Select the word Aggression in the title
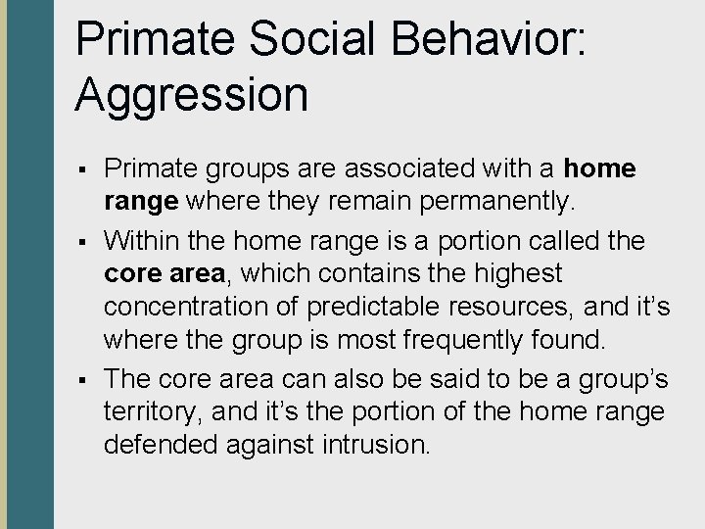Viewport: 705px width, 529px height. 192,95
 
